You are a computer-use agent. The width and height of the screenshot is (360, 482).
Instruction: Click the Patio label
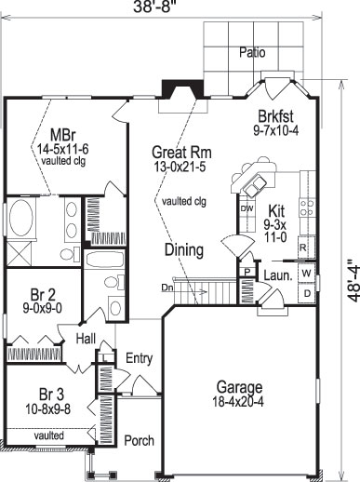click(251, 52)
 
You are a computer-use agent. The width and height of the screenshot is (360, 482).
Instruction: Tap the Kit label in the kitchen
click(275, 212)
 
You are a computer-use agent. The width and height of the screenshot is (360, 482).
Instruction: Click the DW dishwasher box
click(247, 208)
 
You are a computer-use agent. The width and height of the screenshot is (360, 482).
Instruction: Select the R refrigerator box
click(303, 247)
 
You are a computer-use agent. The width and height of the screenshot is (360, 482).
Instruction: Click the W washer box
click(306, 272)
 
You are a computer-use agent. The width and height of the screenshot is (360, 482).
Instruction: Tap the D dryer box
click(306, 292)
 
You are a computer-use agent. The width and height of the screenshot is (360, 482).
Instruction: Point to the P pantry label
click(247, 272)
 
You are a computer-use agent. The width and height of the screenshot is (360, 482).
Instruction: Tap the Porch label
click(139, 440)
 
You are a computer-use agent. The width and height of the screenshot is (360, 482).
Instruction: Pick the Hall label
click(87, 339)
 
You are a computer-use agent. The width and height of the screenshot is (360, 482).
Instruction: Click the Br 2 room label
click(36, 295)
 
